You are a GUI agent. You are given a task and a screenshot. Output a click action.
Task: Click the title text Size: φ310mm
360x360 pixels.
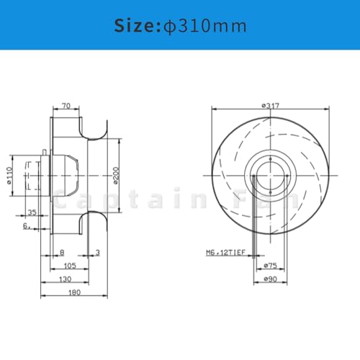click(x=180, y=27)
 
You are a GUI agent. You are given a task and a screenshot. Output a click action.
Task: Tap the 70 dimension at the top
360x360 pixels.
click(x=67, y=105)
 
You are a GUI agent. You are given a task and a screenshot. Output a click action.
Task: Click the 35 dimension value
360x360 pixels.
click(x=32, y=212)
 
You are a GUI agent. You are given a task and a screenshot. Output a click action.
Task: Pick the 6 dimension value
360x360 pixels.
click(x=25, y=225)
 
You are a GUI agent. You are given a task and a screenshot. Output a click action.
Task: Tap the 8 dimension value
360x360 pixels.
click(x=63, y=253)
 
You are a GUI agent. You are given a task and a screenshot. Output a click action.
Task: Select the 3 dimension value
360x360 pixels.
click(x=98, y=253)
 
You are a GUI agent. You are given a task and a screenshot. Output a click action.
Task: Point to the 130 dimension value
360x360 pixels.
click(x=65, y=279)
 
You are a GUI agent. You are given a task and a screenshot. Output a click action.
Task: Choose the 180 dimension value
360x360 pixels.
click(x=74, y=293)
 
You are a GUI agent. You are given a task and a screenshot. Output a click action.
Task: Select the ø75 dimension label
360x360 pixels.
click(x=271, y=265)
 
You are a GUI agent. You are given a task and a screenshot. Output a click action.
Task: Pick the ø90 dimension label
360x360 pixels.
click(x=271, y=279)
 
